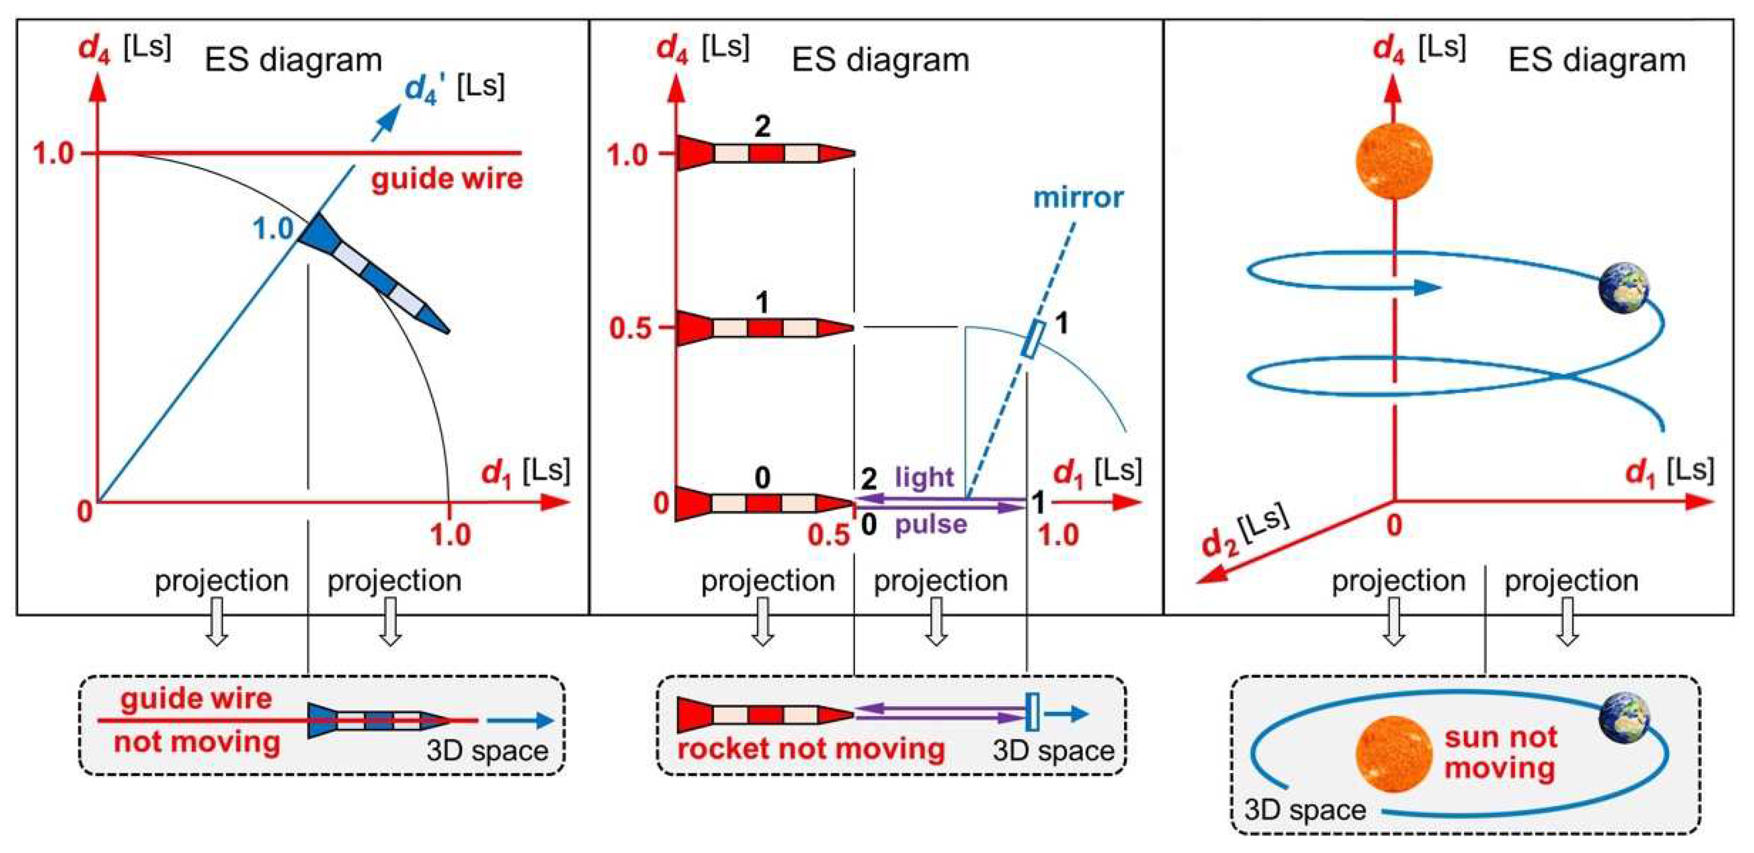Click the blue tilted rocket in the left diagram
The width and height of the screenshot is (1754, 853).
(371, 273)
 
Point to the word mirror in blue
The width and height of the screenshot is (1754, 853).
(1078, 198)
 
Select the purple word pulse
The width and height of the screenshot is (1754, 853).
(931, 524)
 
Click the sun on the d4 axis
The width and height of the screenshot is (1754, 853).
(1394, 161)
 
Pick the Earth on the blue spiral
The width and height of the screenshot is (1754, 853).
(1624, 288)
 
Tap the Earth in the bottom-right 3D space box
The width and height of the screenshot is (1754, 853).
(1625, 717)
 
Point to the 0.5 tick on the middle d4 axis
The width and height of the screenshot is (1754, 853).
(631, 328)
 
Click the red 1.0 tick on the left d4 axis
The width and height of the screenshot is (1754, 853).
(53, 154)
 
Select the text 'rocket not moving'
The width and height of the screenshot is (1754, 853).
(811, 749)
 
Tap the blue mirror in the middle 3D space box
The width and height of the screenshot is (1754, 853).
(1032, 712)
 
